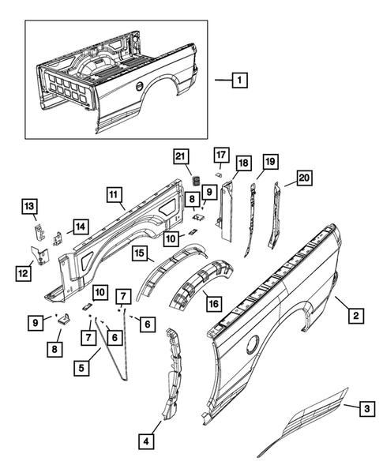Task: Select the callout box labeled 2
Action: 356,316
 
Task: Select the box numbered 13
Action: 28,207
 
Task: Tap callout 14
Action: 80,227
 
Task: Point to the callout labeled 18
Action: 242,163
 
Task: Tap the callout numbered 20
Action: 302,178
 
